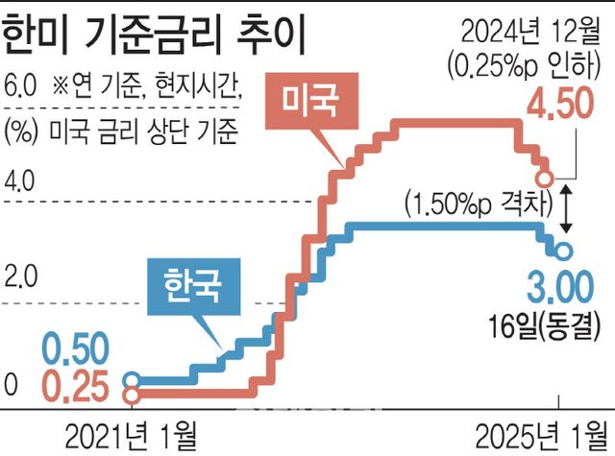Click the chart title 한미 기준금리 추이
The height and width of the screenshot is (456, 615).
(x=152, y=36)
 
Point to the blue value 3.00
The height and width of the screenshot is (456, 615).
(x=561, y=286)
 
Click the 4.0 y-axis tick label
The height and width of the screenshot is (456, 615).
(x=19, y=180)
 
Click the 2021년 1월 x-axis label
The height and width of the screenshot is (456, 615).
(x=129, y=434)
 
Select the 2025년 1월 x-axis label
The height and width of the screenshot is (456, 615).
(x=544, y=434)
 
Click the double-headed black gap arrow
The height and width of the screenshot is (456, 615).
(x=568, y=208)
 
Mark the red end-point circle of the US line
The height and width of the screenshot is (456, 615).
(x=544, y=179)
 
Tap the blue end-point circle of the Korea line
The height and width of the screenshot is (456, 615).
(x=564, y=252)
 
